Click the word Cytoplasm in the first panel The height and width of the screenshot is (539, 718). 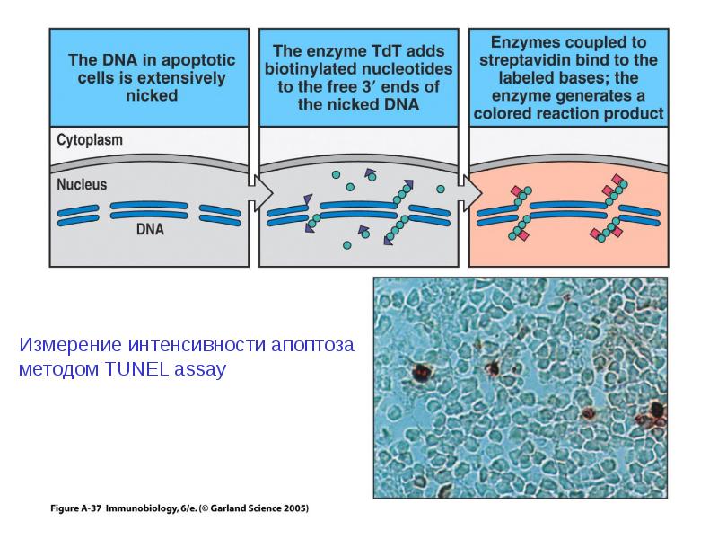click(90, 140)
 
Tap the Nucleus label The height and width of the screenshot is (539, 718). click(82, 184)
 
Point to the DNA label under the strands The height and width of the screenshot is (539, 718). click(150, 229)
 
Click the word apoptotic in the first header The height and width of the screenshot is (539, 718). click(197, 60)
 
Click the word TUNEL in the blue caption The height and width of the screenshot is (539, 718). click(137, 369)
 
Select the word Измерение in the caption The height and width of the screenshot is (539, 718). click(71, 345)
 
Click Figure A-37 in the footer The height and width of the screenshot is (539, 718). click(75, 508)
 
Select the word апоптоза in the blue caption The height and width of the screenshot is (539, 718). click(312, 345)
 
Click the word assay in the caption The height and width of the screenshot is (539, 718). click(200, 370)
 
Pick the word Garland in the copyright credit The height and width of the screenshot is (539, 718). click(226, 508)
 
